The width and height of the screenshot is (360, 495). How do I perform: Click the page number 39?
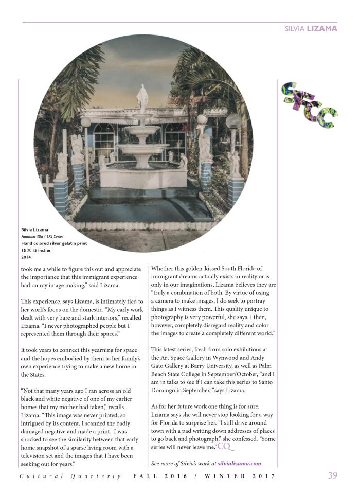[x=333, y=475]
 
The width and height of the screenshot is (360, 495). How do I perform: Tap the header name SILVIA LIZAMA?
[x=311, y=29]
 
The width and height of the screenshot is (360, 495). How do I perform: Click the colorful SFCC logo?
[x=308, y=105]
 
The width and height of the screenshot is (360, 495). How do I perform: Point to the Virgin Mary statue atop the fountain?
[x=142, y=98]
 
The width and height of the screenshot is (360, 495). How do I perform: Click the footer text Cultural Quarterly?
[x=71, y=476]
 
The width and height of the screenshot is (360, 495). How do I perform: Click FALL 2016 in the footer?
[x=161, y=476]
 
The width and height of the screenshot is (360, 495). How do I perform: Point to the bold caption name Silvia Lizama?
[x=34, y=229]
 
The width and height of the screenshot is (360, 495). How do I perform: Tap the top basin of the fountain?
[x=142, y=129]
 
